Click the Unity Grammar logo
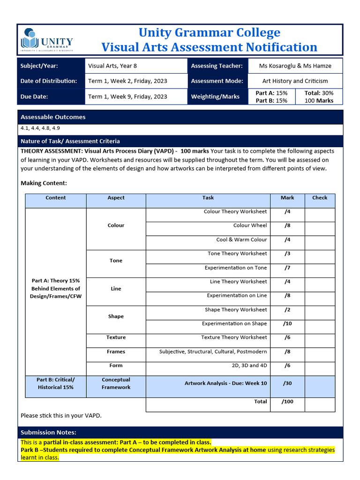coord(47,40)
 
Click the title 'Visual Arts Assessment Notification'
coord(209,47)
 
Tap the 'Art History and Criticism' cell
coord(295,81)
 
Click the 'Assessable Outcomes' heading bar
coord(180,117)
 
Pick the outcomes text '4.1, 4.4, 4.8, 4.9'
coord(40,128)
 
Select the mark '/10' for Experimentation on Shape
coord(287,324)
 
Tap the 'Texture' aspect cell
coord(116,337)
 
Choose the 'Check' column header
coord(320,198)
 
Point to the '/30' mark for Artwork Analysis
coord(287,383)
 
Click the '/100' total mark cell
coord(287,402)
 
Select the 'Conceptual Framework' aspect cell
coord(116,383)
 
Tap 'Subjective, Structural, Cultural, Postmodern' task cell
coord(213,352)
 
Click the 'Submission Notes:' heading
coord(48,432)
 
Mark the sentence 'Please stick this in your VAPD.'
coord(61,415)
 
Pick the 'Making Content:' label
coord(44,183)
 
